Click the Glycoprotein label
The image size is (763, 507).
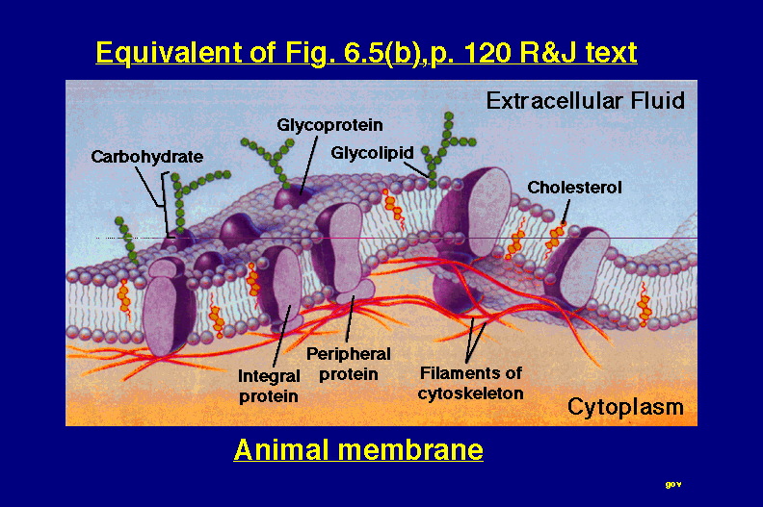pyautogui.click(x=329, y=125)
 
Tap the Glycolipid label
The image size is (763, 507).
pyautogui.click(x=372, y=153)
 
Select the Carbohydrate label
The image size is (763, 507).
pyautogui.click(x=147, y=157)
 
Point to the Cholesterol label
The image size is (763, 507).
pyautogui.click(x=574, y=188)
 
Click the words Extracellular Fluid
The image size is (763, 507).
pyautogui.click(x=586, y=101)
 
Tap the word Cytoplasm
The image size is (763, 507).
pyautogui.click(x=625, y=407)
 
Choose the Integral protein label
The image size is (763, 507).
pyautogui.click(x=269, y=386)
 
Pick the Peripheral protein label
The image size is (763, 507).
pyautogui.click(x=349, y=364)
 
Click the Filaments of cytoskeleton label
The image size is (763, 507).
pyautogui.click(x=470, y=383)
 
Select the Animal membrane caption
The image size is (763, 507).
pyautogui.click(x=358, y=449)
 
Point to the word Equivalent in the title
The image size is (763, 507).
pyautogui.click(x=169, y=53)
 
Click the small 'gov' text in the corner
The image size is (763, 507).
pyautogui.click(x=673, y=484)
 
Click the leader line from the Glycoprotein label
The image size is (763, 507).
pyautogui.click(x=309, y=165)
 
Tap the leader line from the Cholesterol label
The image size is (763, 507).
pyautogui.click(x=566, y=212)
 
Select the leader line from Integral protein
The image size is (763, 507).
pyautogui.click(x=281, y=336)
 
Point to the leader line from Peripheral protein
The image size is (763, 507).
pyautogui.click(x=350, y=318)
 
